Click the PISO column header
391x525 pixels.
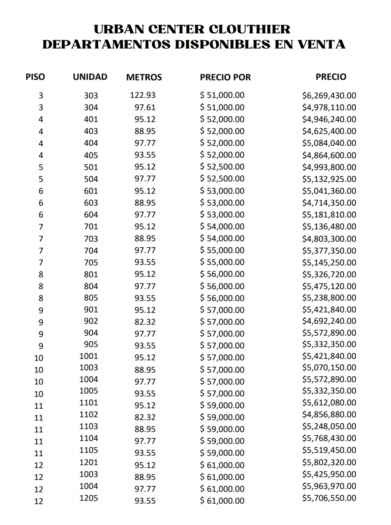click(x=35, y=77)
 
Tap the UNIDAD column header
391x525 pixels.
click(x=90, y=77)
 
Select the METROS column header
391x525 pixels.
click(x=144, y=77)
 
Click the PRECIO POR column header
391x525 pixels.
click(x=225, y=77)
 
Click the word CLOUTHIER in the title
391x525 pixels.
click(x=249, y=29)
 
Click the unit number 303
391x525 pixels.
click(x=91, y=95)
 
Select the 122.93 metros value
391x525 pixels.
click(x=143, y=95)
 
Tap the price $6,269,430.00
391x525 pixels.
click(x=329, y=95)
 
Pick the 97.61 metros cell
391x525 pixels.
click(x=145, y=107)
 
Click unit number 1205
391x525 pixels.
click(x=89, y=498)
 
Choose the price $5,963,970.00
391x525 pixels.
click(x=329, y=486)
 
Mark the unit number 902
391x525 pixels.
click(x=91, y=321)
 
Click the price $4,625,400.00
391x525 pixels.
click(x=329, y=131)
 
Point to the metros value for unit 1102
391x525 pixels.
click(x=145, y=417)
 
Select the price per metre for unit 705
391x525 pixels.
click(x=222, y=262)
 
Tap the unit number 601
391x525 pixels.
click(x=91, y=191)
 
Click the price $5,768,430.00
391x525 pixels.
click(x=329, y=438)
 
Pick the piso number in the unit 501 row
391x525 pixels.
click(x=41, y=167)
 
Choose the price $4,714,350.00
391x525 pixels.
click(x=329, y=203)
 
